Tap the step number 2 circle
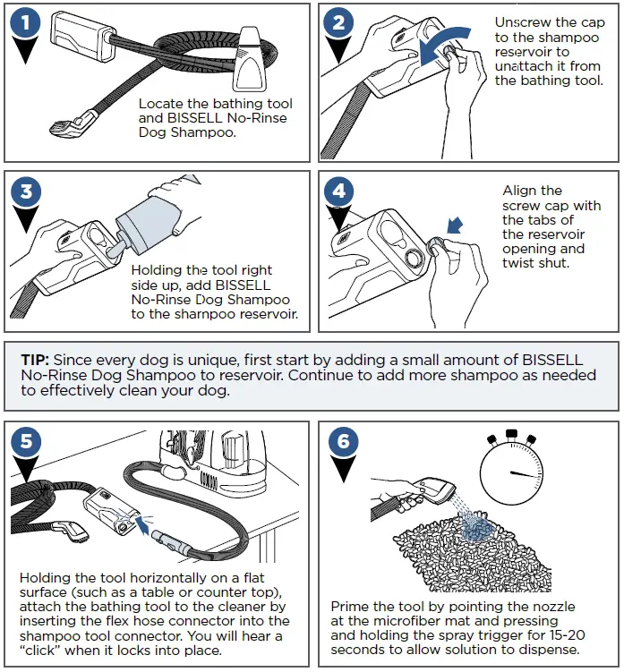pos(338,24)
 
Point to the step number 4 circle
pos(338,193)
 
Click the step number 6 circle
pos(338,441)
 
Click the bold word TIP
pos(38,360)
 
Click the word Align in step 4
pos(520,191)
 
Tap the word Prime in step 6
pos(350,606)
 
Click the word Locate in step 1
pos(160,105)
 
